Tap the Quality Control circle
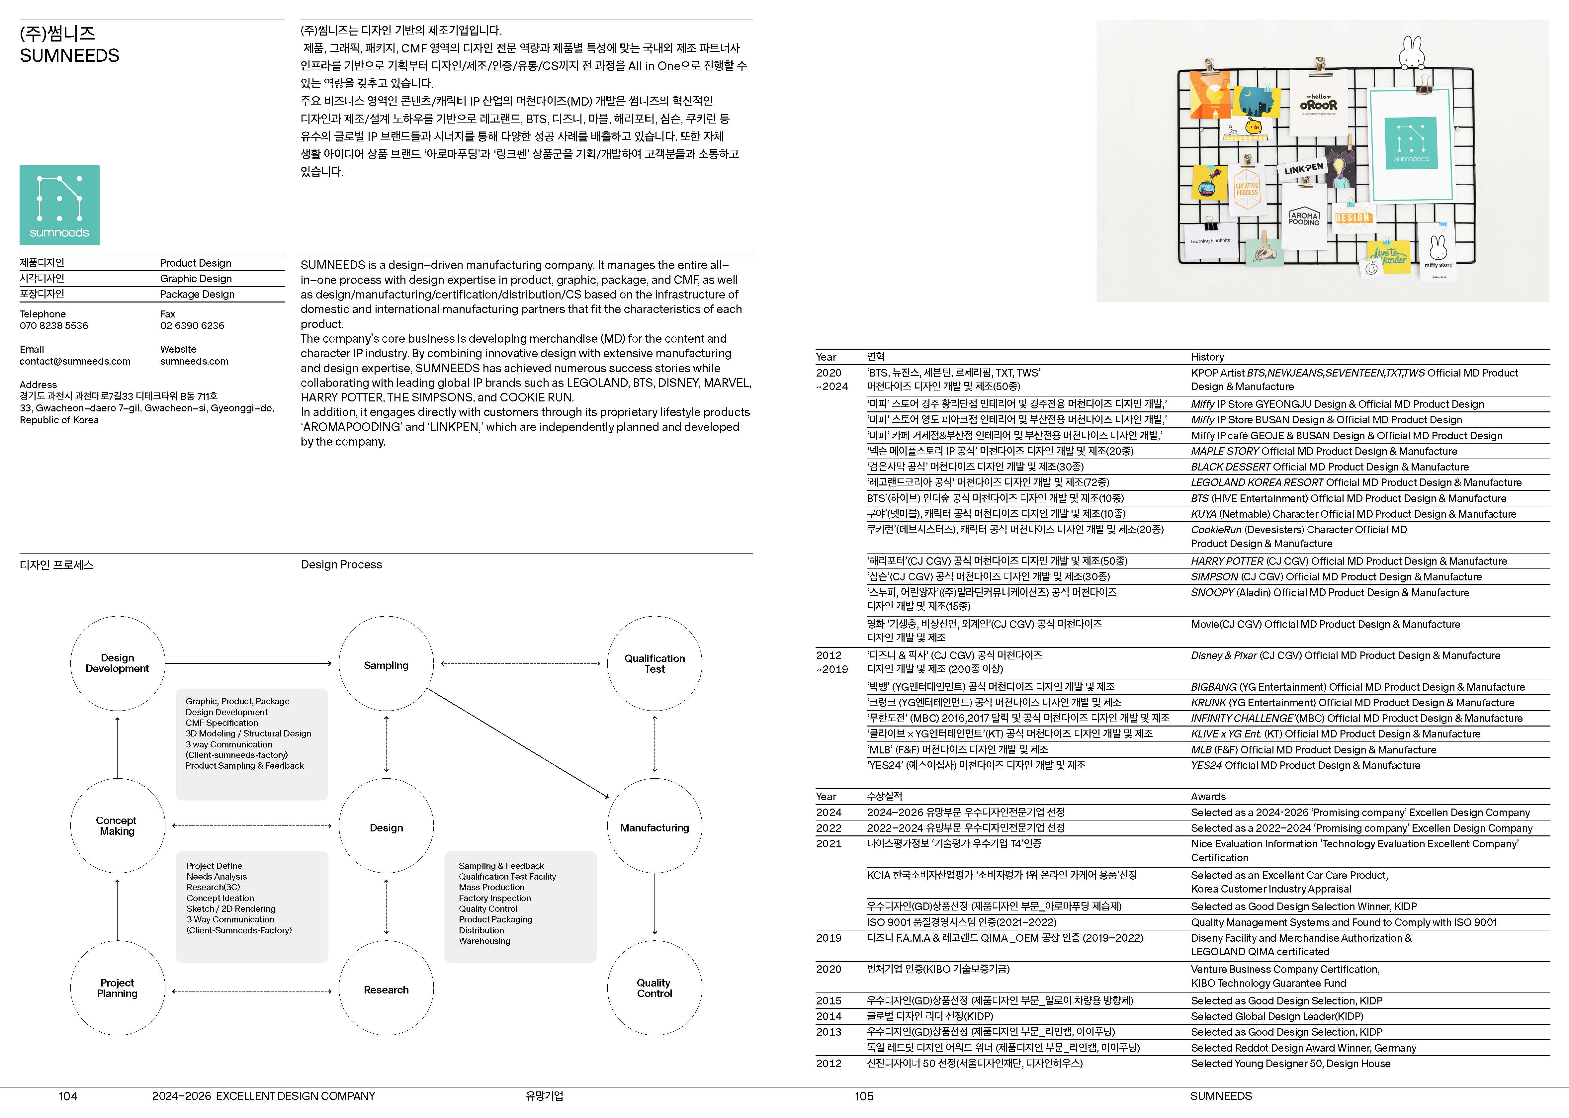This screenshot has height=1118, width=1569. [x=654, y=988]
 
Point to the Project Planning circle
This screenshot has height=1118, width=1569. [x=117, y=988]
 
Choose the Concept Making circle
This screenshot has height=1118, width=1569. [x=117, y=825]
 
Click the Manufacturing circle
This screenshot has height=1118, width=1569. [x=654, y=827]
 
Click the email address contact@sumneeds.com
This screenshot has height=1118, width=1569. [x=75, y=361]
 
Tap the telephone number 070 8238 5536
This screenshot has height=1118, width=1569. [x=54, y=326]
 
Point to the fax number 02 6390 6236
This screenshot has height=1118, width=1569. [x=192, y=326]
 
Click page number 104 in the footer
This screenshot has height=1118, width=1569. [x=67, y=1096]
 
